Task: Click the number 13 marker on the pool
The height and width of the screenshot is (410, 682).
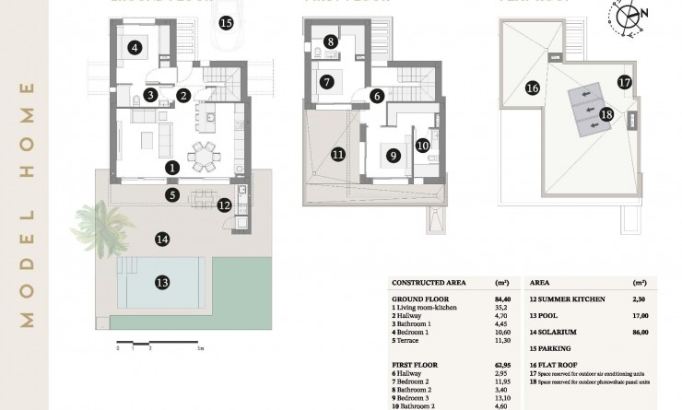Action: pos(162,282)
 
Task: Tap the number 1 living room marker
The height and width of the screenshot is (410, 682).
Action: pos(172,168)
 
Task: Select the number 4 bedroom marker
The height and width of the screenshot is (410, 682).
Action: pos(135,48)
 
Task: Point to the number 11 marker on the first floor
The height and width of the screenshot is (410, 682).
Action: pos(338,154)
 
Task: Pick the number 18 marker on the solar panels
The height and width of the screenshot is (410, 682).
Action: pos(606,114)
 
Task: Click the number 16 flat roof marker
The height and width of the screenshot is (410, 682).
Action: pos(532,88)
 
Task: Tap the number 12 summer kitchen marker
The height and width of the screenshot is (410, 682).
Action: pos(224,205)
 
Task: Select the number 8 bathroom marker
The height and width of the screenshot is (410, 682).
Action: pos(330,41)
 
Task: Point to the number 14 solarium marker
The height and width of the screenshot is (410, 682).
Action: pos(162,240)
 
